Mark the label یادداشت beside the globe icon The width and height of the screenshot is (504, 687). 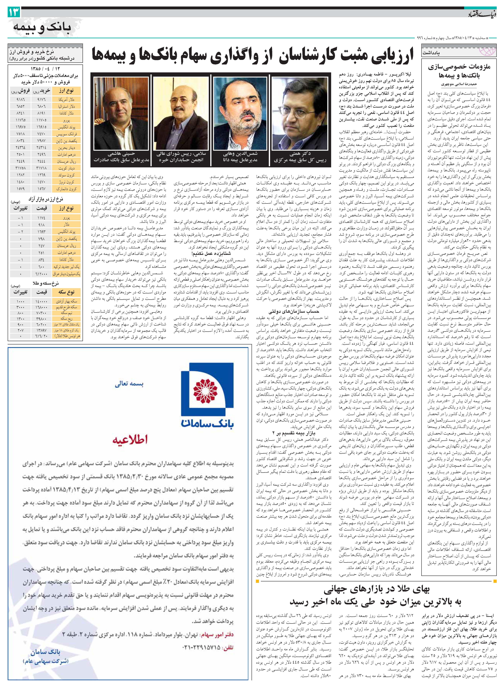point(431,53)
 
